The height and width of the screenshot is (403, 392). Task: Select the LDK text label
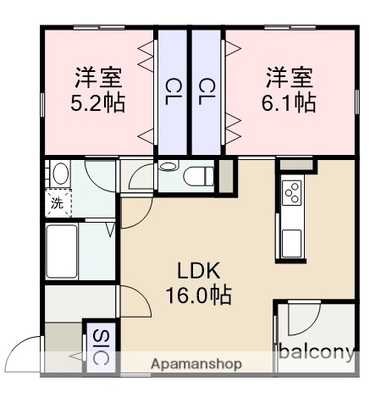click(199, 272)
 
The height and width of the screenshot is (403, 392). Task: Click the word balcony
click(315, 352)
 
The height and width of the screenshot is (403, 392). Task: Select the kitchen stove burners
click(291, 193)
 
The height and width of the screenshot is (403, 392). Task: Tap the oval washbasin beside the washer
click(59, 174)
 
